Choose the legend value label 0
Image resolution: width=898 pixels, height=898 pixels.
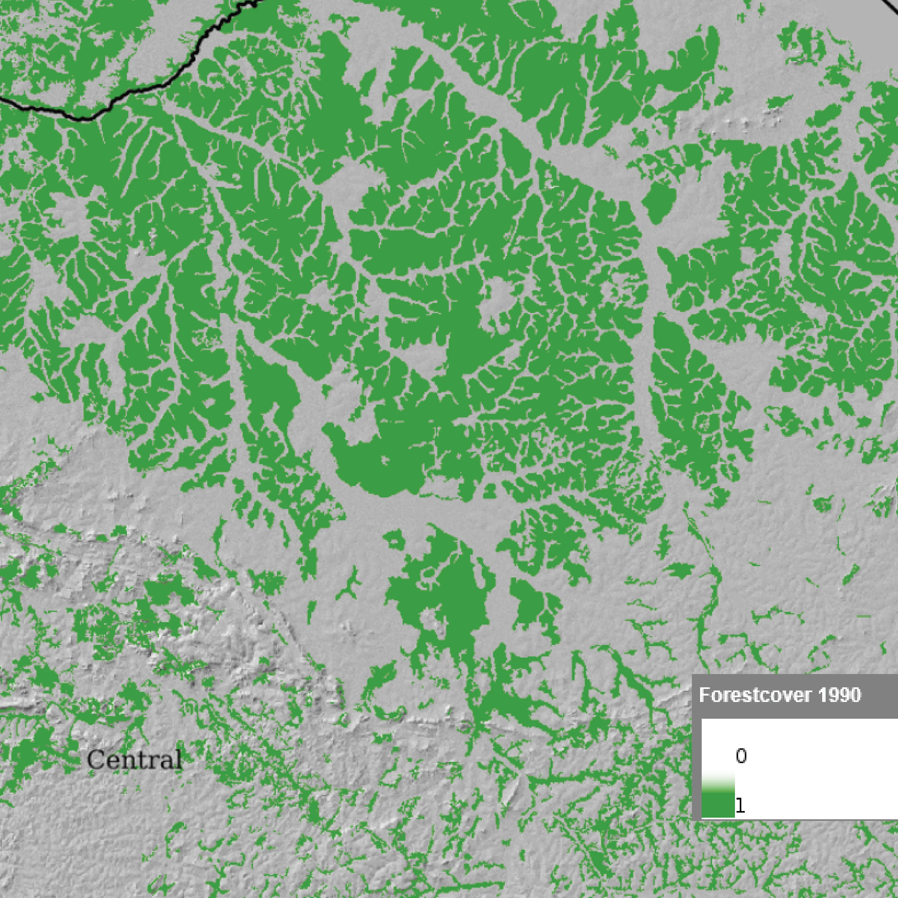[741, 756]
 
